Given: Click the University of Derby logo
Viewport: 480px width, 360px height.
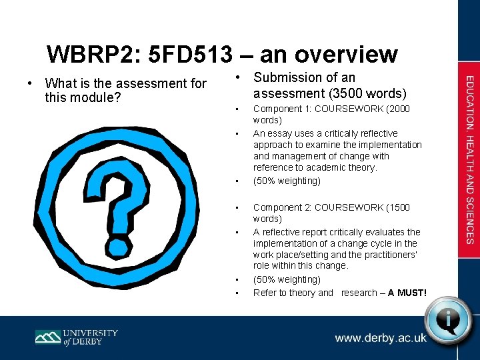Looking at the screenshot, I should click(77, 336).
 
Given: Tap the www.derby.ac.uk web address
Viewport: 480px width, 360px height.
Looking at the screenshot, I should click(381, 338).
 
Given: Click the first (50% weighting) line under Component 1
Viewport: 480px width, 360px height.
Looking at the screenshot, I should click(287, 181).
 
